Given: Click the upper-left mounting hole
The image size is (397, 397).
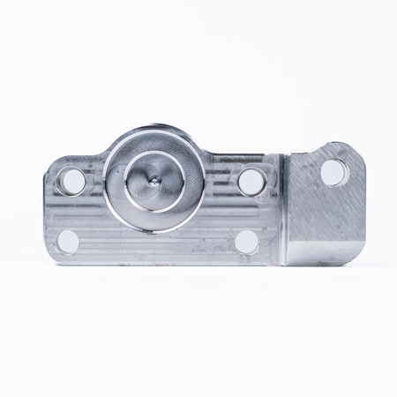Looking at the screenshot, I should (72, 182).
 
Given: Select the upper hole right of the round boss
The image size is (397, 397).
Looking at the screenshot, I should (251, 181).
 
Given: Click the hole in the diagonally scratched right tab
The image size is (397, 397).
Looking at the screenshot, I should (333, 171).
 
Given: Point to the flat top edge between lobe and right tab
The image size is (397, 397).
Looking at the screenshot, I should (238, 156).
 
